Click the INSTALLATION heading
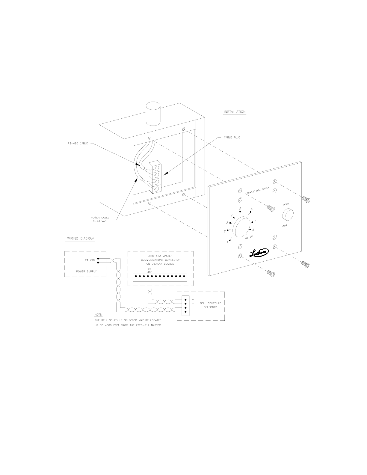[x=235, y=112]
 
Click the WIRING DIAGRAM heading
[x=81, y=239]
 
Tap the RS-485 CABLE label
[x=78, y=143]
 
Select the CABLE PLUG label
[x=232, y=137]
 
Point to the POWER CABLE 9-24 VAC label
[x=100, y=219]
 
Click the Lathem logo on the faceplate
[x=259, y=253]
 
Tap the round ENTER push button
[x=288, y=215]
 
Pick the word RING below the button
[x=285, y=226]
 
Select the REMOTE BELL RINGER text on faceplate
[x=258, y=190]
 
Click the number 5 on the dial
[x=240, y=209]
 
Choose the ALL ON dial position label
[x=249, y=237]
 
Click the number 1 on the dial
[x=227, y=242]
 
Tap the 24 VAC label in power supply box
[x=90, y=260]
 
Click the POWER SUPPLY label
[x=86, y=271]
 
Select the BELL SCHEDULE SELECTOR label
[x=210, y=305]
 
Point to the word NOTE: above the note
[x=98, y=315]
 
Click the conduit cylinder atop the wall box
[x=153, y=114]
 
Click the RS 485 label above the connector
[x=149, y=271]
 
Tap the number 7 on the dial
[x=255, y=221]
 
